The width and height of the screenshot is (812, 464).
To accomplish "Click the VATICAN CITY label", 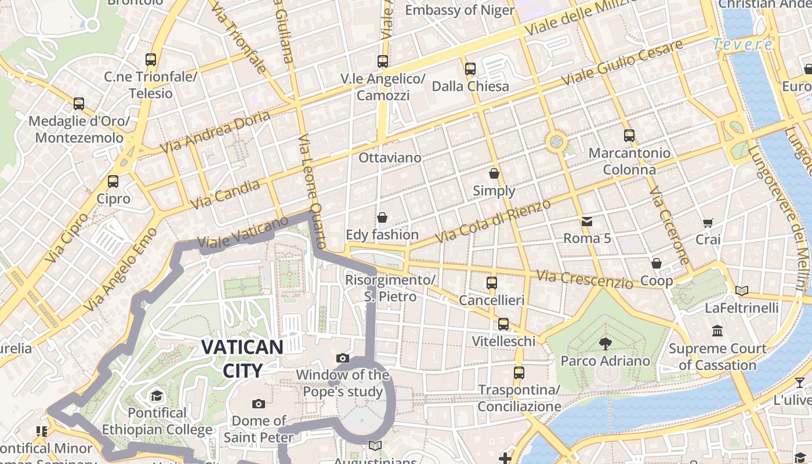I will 242,358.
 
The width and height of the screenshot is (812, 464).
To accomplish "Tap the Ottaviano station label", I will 390,158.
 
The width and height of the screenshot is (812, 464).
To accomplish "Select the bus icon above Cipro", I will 113,181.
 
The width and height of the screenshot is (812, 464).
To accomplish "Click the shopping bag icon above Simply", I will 494,173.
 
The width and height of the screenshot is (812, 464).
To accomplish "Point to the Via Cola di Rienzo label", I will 492,222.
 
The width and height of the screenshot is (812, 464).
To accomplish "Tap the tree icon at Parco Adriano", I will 606,343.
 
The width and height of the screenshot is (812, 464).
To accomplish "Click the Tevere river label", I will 743,44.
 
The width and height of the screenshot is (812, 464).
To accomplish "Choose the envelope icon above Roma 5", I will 587,221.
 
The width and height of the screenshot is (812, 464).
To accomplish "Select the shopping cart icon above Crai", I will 708,222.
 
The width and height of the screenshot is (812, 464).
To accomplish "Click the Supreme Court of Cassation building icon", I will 717,331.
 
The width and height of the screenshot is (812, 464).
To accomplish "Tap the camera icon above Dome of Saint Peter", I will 259,404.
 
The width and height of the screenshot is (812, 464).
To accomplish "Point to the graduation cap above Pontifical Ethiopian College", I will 157,396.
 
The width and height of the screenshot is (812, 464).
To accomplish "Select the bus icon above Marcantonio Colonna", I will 629,136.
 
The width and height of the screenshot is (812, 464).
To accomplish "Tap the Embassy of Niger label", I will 459,10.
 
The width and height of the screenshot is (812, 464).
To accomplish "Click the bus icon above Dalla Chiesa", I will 470,68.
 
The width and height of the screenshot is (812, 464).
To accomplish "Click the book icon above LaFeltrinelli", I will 741,291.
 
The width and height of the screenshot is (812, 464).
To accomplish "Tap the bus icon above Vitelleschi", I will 503,324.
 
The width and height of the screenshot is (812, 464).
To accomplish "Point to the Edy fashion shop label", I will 382,235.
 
